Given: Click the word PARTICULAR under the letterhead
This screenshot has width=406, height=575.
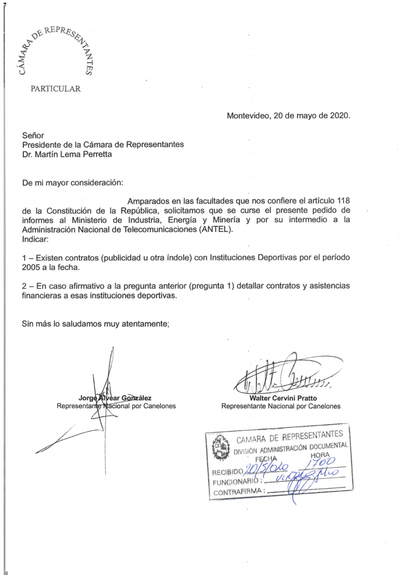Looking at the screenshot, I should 55,88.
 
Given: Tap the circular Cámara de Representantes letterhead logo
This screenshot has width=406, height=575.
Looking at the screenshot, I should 55,52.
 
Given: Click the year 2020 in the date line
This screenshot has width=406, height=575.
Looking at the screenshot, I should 338,116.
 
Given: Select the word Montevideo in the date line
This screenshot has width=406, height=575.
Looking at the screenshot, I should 248,116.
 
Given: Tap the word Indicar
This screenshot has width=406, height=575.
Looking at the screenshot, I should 35,239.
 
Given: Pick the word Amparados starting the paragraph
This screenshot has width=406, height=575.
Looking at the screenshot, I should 150,201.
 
